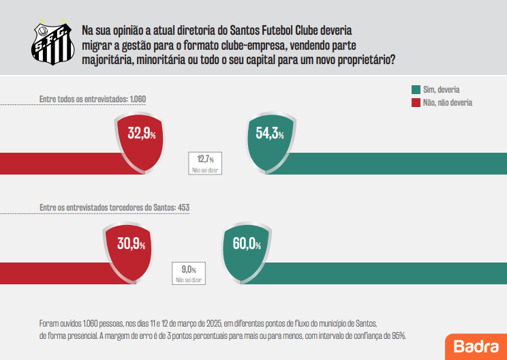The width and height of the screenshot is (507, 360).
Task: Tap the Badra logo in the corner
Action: click(x=476, y=346)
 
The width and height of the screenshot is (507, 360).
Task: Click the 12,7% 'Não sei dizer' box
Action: click(x=206, y=162)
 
